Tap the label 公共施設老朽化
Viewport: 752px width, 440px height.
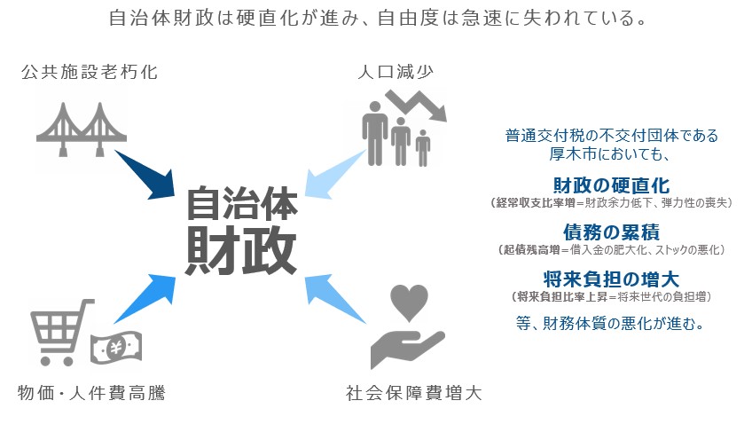coord(89,72)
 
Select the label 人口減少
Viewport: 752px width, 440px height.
coord(395,72)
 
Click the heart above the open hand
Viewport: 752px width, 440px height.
coord(410,302)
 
